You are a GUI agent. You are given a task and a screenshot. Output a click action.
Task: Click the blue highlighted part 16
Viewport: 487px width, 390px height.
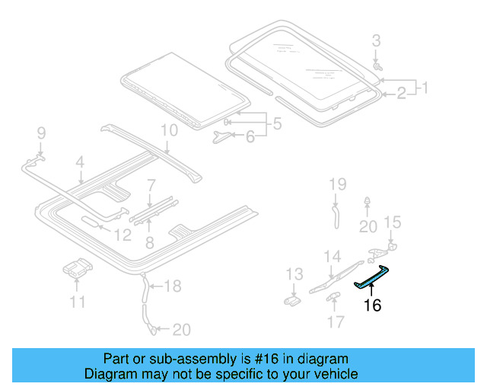372,279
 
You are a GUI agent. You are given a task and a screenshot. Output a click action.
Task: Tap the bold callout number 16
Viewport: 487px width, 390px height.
372,306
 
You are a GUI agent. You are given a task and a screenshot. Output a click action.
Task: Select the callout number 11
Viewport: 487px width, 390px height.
78,303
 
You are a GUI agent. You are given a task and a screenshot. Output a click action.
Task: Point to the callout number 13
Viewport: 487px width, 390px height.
294,274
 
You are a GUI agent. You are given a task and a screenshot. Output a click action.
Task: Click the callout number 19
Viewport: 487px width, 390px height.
337,184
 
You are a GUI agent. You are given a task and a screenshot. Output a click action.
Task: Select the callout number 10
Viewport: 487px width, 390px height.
168,130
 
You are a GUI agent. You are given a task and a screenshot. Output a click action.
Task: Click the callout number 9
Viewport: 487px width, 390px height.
42,135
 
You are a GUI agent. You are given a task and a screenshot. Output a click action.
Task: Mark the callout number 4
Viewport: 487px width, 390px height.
79,161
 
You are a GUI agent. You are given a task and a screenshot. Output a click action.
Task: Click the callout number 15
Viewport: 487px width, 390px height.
391,222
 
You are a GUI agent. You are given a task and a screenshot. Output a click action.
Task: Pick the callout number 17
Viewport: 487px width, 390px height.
335,322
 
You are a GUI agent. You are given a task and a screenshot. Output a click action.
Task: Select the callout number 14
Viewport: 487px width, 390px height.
333,256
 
